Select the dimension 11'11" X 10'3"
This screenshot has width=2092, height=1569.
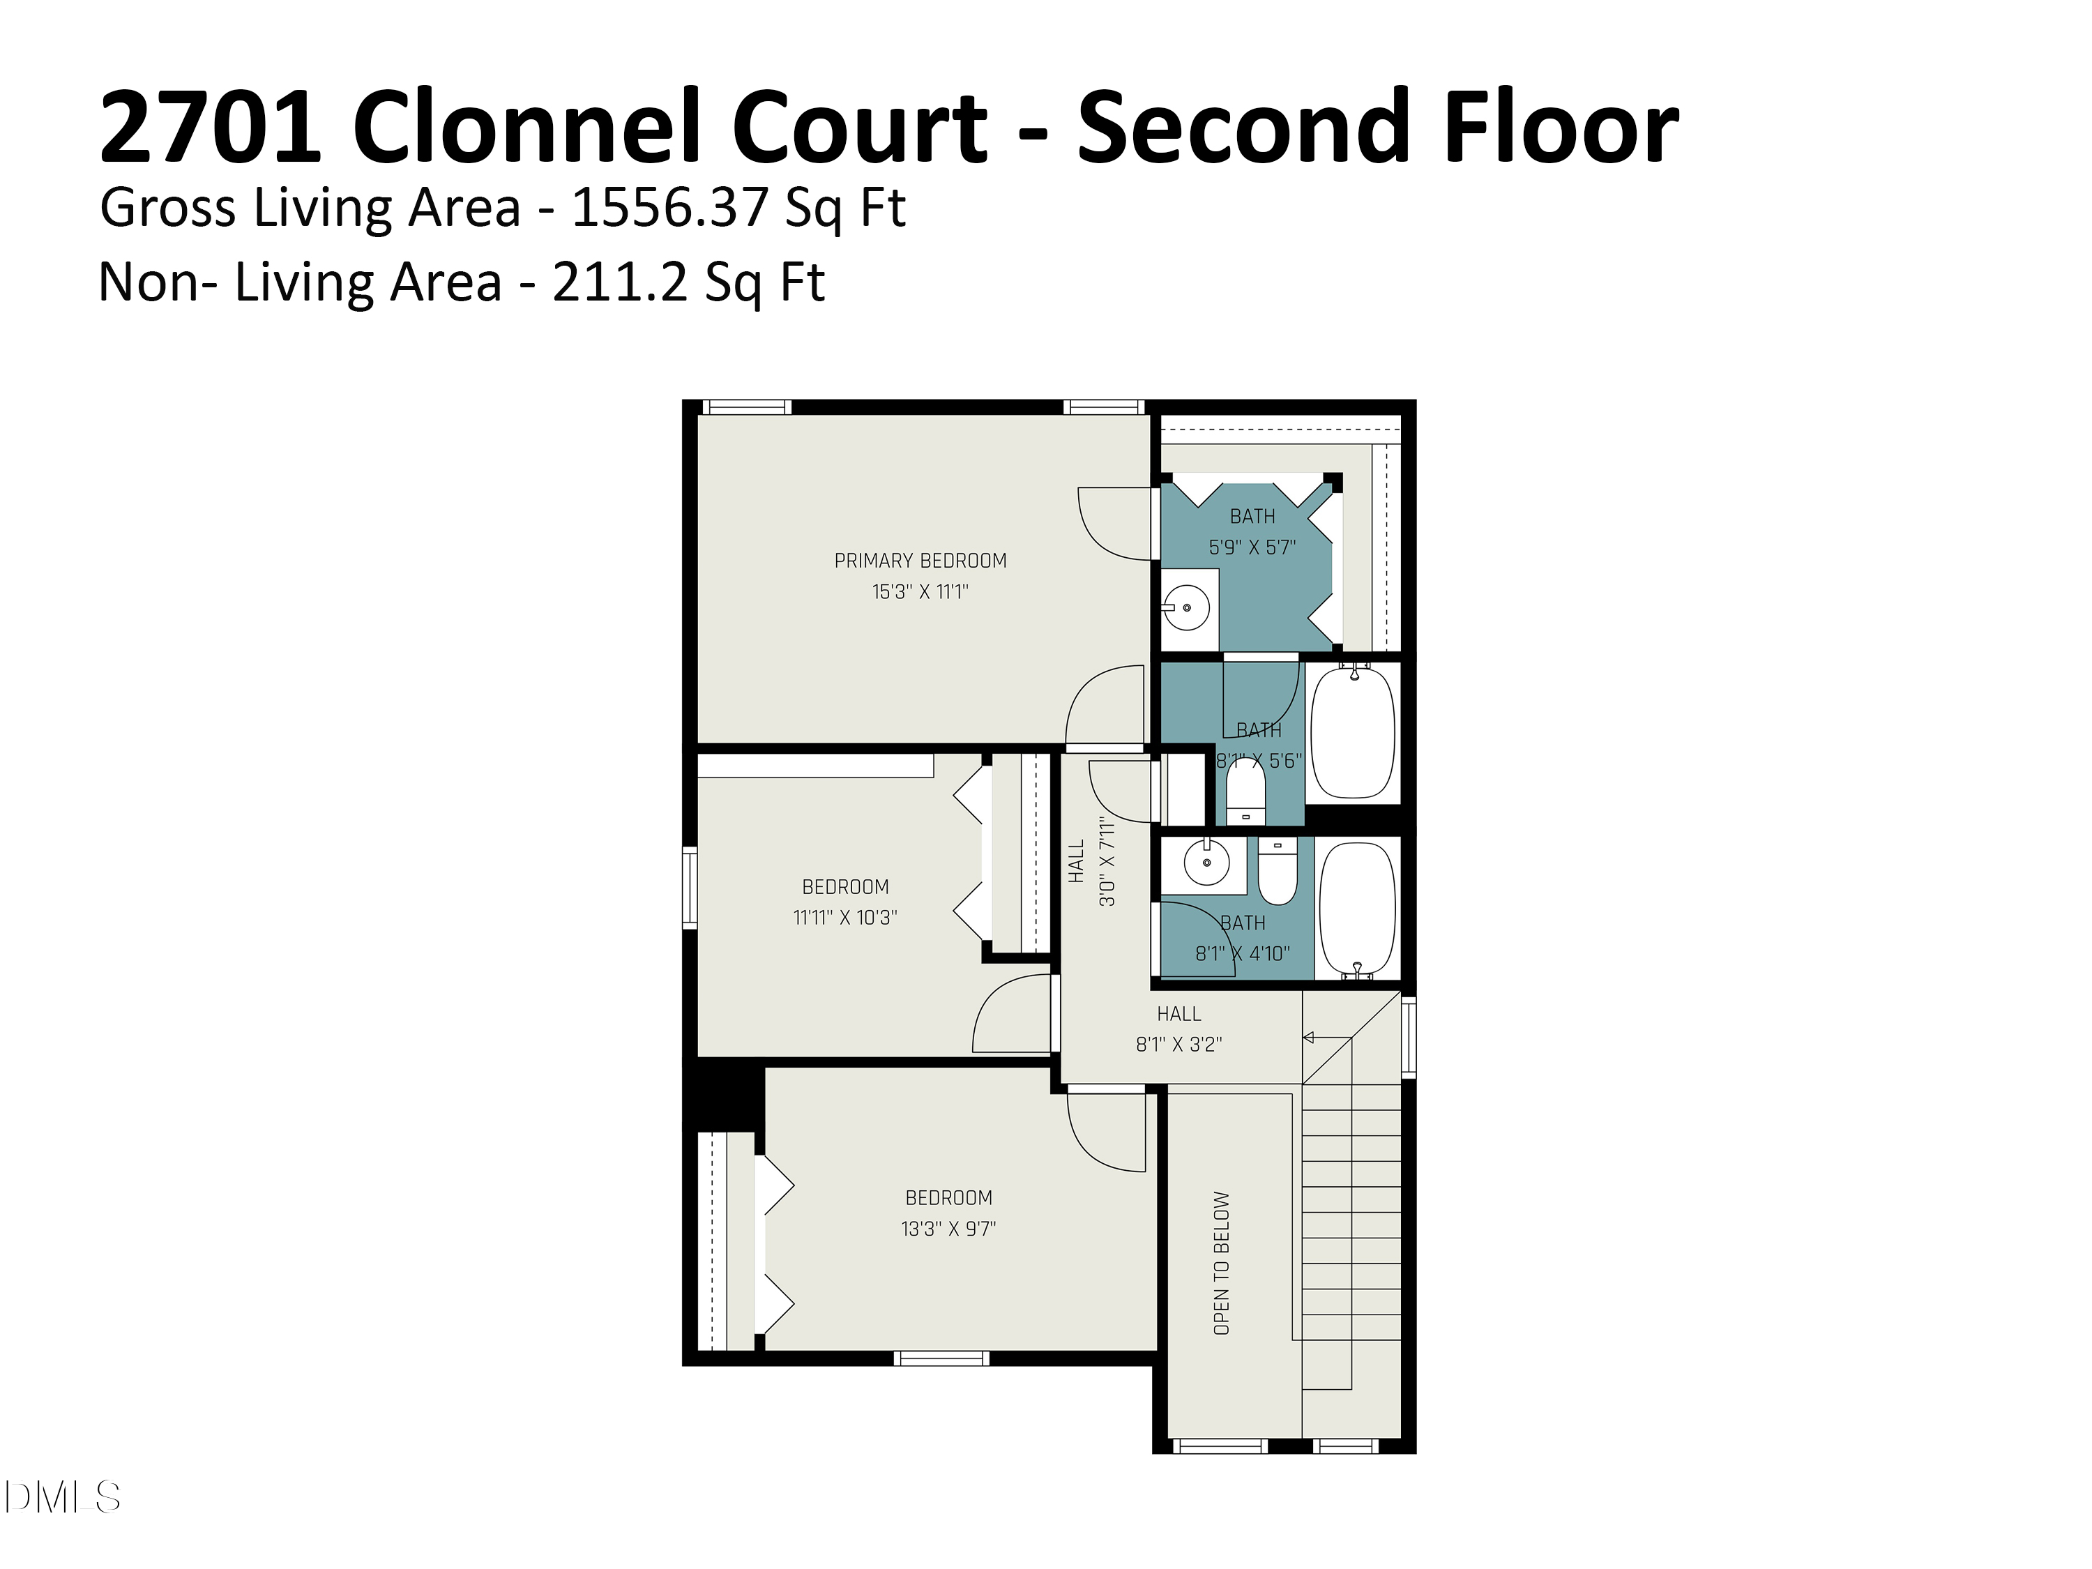[844, 918]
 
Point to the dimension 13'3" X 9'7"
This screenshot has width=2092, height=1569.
[948, 1229]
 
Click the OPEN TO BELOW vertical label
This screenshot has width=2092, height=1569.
[1221, 1263]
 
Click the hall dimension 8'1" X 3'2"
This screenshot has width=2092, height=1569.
[1178, 1044]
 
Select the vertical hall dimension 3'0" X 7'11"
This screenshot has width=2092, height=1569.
[1107, 862]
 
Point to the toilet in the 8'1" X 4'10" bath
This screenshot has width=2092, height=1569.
[1278, 875]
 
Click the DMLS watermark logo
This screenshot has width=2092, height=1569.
[63, 1497]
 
